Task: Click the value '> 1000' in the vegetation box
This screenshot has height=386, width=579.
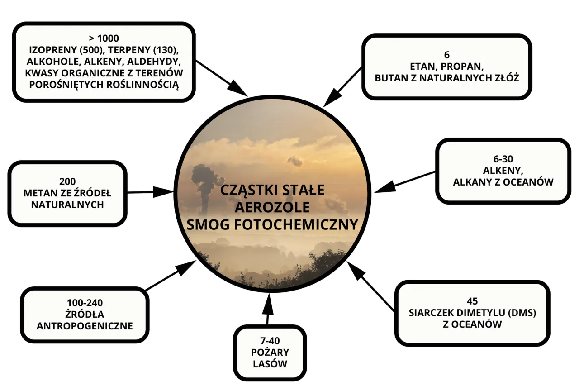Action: point(104,38)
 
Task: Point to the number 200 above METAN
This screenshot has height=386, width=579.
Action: point(67,182)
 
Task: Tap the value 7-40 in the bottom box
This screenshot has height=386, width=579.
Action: point(270,340)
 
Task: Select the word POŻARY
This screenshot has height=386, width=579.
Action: point(270,352)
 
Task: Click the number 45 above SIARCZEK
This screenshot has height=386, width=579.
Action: point(472,301)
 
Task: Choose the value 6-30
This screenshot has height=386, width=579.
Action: point(503,159)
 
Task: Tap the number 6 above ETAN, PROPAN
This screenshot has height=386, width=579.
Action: point(446,55)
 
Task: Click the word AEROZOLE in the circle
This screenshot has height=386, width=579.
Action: point(272,207)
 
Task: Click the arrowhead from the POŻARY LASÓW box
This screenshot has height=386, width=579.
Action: point(268,300)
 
